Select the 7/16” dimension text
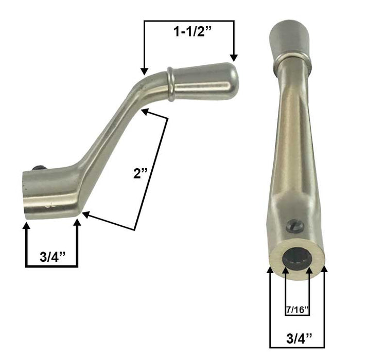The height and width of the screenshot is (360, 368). click(x=297, y=310)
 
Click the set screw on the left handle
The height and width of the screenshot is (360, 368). click(x=38, y=168)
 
